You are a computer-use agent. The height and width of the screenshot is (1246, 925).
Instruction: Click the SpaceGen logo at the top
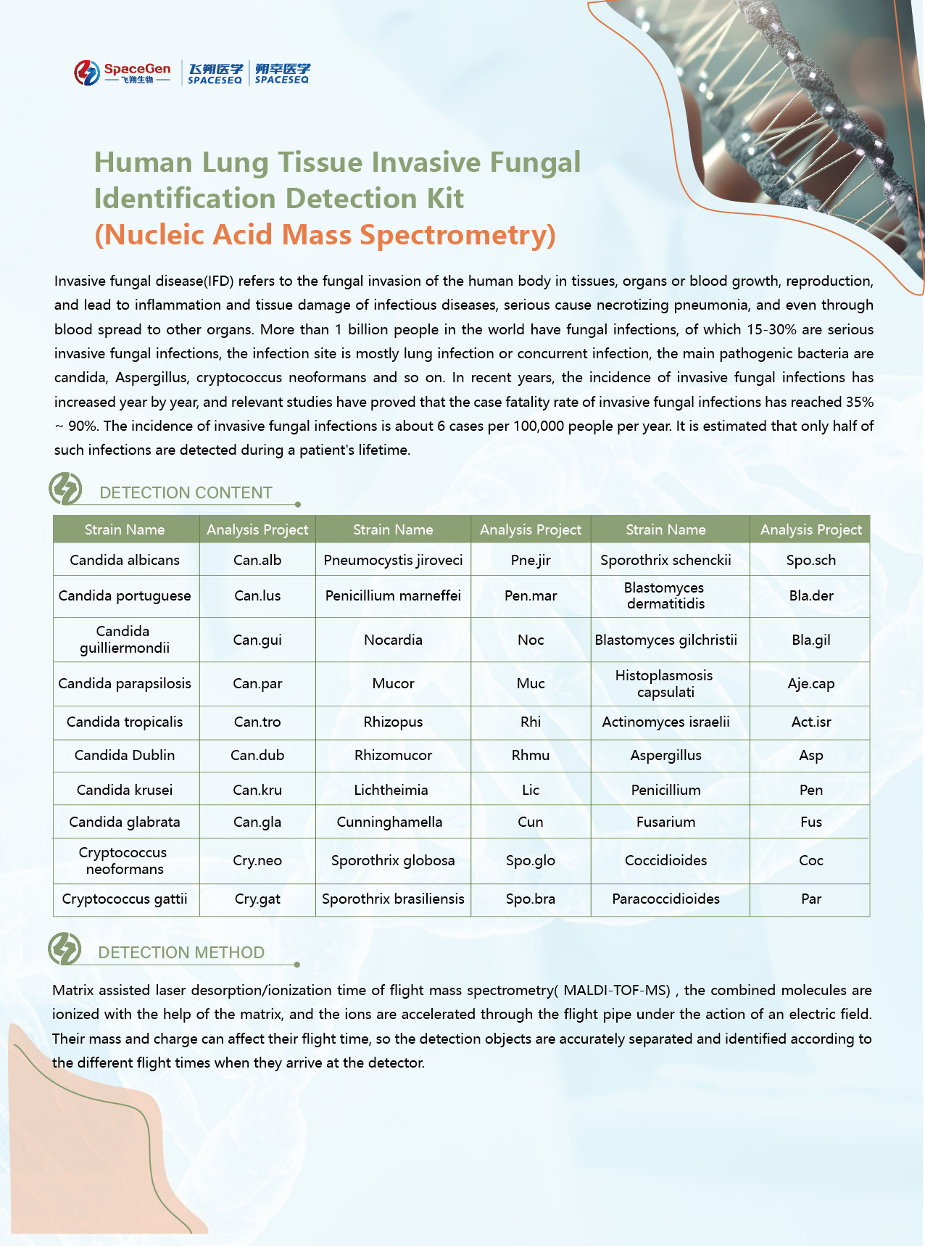[x=123, y=73]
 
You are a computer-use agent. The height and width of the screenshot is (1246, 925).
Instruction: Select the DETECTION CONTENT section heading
[x=186, y=492]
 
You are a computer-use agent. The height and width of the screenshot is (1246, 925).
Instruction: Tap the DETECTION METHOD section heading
[x=181, y=952]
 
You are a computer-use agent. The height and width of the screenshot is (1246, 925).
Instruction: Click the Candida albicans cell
[x=125, y=560]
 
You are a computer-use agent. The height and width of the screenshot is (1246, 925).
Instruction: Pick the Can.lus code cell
[x=257, y=595]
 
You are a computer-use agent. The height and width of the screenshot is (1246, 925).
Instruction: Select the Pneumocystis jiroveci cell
[x=393, y=560]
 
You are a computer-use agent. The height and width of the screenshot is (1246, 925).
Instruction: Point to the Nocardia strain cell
[x=393, y=640]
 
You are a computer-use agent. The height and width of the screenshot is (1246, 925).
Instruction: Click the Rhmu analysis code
[x=531, y=755]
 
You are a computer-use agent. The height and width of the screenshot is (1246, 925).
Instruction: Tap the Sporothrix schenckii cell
[x=665, y=560]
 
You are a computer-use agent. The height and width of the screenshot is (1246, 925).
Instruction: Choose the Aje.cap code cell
[x=811, y=683]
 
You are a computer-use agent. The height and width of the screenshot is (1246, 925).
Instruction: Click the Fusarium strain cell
[x=665, y=822]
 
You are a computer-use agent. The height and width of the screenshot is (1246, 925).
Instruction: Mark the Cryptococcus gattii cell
[x=125, y=899]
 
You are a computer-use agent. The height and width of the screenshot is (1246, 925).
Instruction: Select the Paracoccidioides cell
[x=665, y=899]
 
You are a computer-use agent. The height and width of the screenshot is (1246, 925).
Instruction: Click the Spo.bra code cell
[x=531, y=899]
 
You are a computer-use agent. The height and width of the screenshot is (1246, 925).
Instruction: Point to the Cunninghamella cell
[x=389, y=822]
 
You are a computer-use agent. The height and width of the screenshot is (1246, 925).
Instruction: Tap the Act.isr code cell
[x=811, y=722]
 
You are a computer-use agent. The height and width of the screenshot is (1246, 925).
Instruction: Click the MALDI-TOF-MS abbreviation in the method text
[x=617, y=990]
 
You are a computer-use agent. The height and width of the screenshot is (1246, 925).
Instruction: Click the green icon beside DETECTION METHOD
[x=65, y=949]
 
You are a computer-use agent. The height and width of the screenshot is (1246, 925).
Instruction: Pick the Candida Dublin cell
[x=125, y=755]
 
